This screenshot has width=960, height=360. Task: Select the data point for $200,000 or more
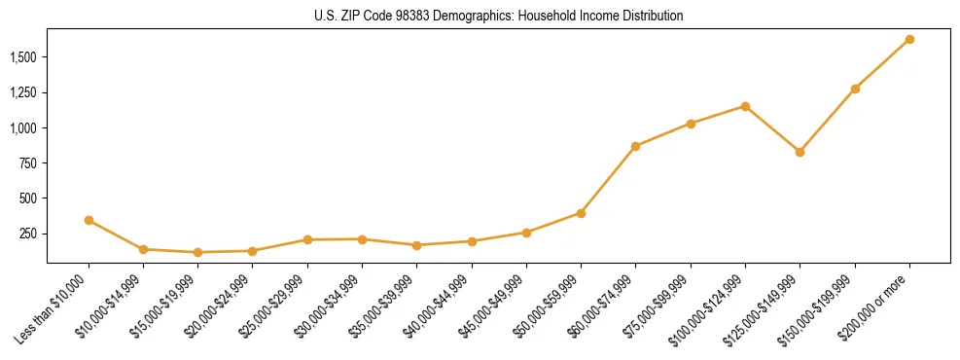[x=909, y=39]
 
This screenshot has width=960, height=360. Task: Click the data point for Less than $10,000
[x=89, y=220]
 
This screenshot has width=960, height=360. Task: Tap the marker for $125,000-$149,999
[x=800, y=152]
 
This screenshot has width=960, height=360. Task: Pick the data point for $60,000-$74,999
[x=635, y=146]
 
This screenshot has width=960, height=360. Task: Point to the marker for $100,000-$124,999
[x=745, y=106]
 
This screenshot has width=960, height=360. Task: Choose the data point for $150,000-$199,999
[x=855, y=89]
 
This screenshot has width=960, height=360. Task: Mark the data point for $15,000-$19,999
[x=198, y=252]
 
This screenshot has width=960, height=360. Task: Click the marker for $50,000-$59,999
[x=581, y=213]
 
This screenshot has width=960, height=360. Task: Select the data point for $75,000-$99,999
[x=691, y=124]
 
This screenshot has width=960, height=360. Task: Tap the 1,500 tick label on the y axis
[x=23, y=57]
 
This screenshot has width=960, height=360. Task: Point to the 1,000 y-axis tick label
[x=23, y=128]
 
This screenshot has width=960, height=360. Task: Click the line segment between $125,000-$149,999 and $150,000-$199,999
[x=828, y=120]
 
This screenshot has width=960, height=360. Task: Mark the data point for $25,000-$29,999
[x=307, y=239]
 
